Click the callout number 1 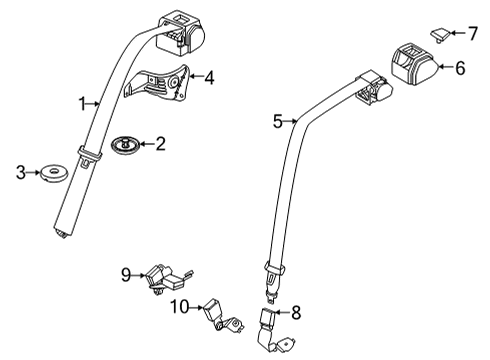(82, 104)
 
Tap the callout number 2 (160, 144)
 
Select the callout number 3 (21, 173)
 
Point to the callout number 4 (209, 78)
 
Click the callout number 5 (278, 122)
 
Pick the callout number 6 (460, 68)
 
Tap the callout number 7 (473, 33)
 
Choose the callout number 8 (296, 313)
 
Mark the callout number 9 (126, 275)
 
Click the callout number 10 (180, 307)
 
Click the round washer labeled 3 (53, 173)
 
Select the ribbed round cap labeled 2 (125, 145)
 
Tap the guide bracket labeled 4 (157, 83)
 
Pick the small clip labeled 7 (440, 35)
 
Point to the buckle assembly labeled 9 (168, 278)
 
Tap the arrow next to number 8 (282, 312)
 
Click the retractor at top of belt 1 (180, 33)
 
